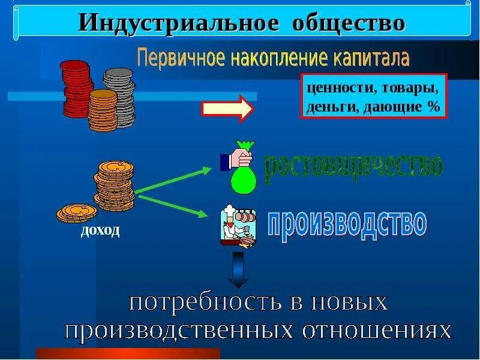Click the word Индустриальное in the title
coord(179,23)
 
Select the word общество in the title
coord(349,23)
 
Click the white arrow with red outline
coord(227,108)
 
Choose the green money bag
coord(243,176)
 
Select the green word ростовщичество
coord(354,165)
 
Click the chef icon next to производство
coord(236,225)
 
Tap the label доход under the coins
coord(101,230)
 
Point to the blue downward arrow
coord(239,269)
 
